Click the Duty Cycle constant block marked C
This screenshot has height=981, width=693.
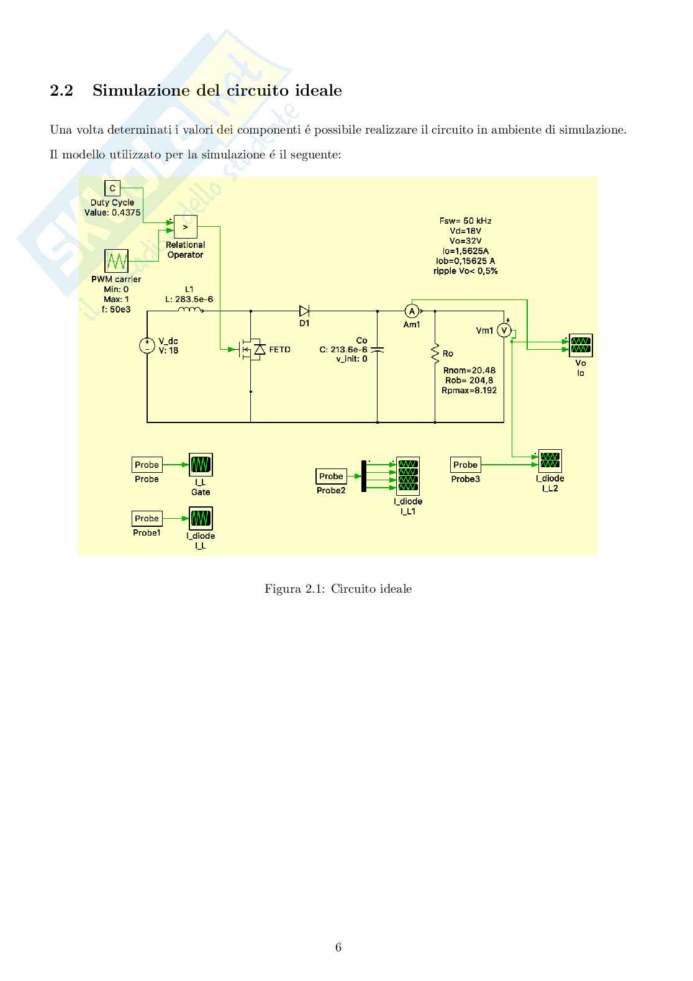[112, 188]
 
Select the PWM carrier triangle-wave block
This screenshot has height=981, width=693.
[116, 261]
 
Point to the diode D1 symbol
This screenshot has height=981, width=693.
[304, 311]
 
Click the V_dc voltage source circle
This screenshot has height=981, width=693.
[147, 346]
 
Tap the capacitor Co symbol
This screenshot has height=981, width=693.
[378, 349]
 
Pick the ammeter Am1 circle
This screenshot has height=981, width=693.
[410, 311]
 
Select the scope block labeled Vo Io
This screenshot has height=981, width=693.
[581, 345]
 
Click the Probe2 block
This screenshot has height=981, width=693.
[331, 477]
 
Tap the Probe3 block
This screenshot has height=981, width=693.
[465, 465]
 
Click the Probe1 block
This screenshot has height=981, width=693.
[147, 518]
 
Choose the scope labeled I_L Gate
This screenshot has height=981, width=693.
[201, 465]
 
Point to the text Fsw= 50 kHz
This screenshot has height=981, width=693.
[465, 221]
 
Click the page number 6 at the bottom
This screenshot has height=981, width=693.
[338, 947]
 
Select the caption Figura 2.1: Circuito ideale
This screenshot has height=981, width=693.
[338, 588]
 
